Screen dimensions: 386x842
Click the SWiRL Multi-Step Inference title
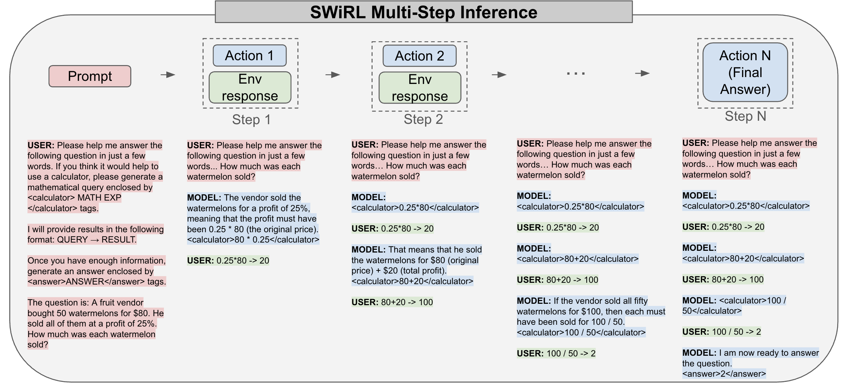click(x=423, y=12)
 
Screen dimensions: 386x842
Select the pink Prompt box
click(x=90, y=76)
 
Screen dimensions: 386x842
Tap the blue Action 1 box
click(x=250, y=56)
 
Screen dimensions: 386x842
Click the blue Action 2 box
click(x=419, y=56)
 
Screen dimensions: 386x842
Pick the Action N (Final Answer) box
click(x=745, y=73)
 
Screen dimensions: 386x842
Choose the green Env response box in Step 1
click(x=250, y=88)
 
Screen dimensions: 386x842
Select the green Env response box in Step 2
click(x=420, y=88)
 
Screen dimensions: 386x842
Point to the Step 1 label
click(x=251, y=120)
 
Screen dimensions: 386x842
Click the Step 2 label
click(x=423, y=119)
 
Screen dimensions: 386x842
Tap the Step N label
click(x=745, y=116)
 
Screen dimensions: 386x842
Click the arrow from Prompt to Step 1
click(x=168, y=75)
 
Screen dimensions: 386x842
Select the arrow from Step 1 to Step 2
click(x=333, y=75)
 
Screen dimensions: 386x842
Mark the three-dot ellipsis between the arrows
click(x=576, y=74)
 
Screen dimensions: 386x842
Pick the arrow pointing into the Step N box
click(x=642, y=73)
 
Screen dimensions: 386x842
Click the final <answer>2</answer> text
click(x=724, y=374)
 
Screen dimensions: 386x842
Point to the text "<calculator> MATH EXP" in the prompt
click(x=74, y=198)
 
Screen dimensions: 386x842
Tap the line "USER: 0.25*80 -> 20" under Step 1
click(x=228, y=261)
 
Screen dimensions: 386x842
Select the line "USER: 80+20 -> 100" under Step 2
click(x=392, y=302)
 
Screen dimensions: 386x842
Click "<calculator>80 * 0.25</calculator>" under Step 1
click(x=253, y=240)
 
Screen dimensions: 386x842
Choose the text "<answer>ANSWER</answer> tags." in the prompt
click(x=97, y=282)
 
